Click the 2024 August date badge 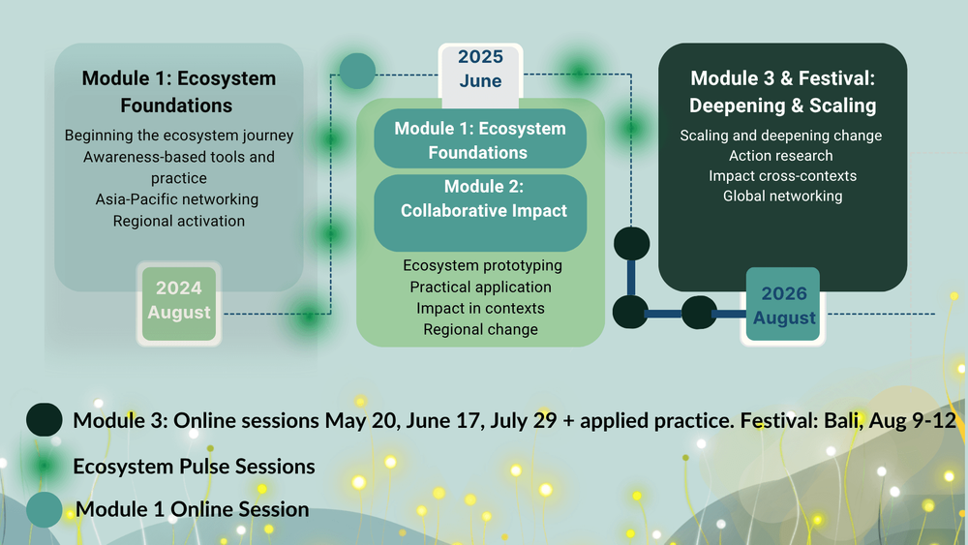[x=179, y=303]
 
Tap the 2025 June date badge [x=480, y=73]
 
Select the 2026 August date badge [x=783, y=305]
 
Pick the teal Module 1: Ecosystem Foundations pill [x=480, y=138]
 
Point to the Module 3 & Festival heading [x=783, y=91]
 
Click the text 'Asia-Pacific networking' [x=177, y=199]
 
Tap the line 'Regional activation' [x=179, y=221]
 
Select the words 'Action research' [x=781, y=156]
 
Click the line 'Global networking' [x=783, y=197]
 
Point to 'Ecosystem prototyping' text [x=482, y=265]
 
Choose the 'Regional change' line [x=480, y=329]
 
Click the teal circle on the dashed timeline [x=357, y=71]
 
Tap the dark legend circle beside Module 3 [x=44, y=420]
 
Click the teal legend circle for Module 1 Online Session [x=44, y=510]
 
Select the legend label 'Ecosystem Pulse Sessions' [x=194, y=467]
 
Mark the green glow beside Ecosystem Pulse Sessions [x=44, y=465]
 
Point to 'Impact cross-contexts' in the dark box [x=783, y=176]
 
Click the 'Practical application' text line [x=480, y=287]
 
